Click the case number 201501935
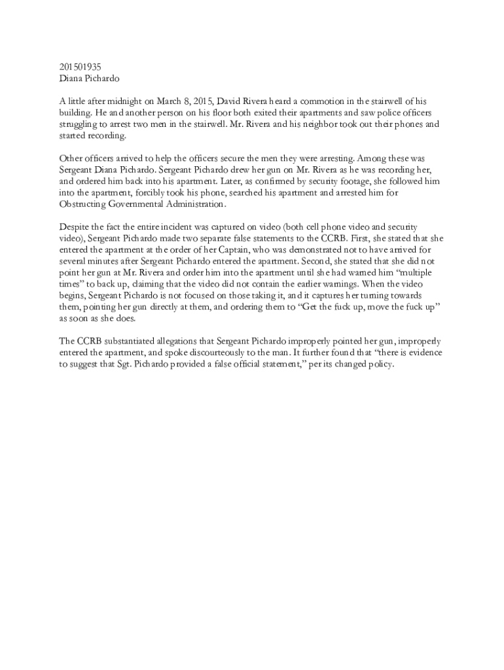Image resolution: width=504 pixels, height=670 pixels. click(81, 66)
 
